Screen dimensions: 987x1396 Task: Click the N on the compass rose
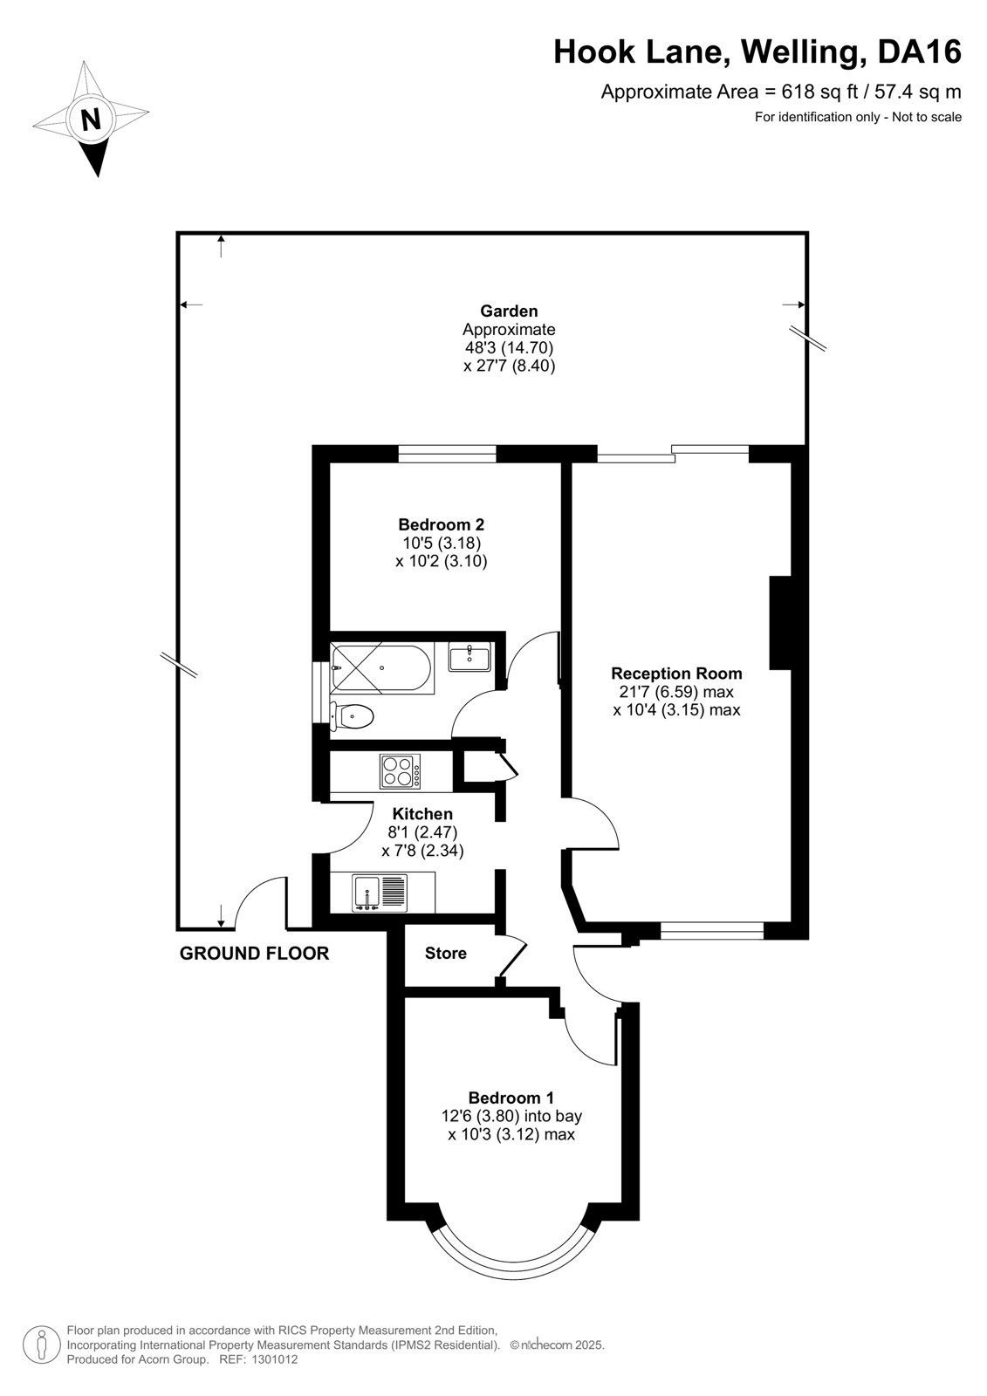[x=92, y=119]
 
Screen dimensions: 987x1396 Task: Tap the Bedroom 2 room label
[x=442, y=524]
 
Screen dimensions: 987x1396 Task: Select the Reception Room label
[x=676, y=673]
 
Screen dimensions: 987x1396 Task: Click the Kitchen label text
[x=422, y=814]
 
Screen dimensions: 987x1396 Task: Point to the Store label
[x=446, y=953]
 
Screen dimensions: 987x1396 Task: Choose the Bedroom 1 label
[x=511, y=1098]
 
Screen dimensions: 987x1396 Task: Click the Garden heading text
[x=509, y=311]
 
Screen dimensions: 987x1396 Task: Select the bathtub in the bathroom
[x=381, y=668]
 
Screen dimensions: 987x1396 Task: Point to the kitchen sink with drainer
[x=380, y=892]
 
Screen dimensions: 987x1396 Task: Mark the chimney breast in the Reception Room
[x=780, y=623]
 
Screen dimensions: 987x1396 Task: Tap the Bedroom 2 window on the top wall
[x=447, y=454]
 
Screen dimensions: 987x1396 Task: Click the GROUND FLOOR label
[x=255, y=953]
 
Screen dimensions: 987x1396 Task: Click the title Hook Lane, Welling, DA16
[x=757, y=51]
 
